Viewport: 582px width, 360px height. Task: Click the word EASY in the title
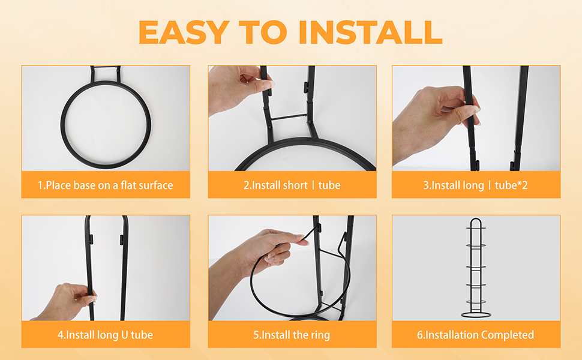(x=184, y=32)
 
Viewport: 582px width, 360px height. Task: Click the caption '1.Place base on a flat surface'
(x=106, y=185)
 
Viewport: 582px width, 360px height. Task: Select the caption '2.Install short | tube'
(x=292, y=185)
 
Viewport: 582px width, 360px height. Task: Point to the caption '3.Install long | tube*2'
(x=475, y=185)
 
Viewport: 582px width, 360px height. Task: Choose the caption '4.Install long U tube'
(x=106, y=335)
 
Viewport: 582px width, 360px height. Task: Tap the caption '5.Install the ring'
(x=292, y=335)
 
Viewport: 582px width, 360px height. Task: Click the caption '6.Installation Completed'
(x=475, y=335)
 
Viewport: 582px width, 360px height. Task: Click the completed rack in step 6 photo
(x=476, y=268)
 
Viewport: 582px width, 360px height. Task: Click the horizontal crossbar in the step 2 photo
(x=289, y=117)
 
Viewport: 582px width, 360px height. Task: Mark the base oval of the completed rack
(x=476, y=315)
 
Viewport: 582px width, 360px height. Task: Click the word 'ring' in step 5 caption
(x=320, y=335)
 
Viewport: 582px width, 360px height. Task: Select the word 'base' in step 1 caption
(x=84, y=185)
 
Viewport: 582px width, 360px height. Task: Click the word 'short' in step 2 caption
(x=295, y=185)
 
